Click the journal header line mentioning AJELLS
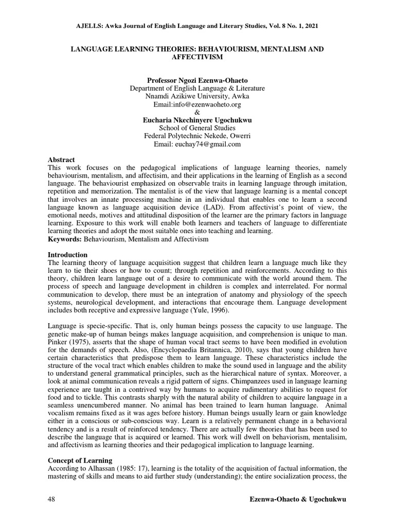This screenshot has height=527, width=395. pos(197,25)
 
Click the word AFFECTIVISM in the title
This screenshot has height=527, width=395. pos(197,57)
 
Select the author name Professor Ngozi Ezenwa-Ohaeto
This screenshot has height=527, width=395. pos(197,80)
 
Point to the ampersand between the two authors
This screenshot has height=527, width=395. pos(197,112)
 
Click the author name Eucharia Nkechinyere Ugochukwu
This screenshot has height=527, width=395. pos(197,120)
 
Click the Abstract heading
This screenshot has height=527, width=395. pos(61,160)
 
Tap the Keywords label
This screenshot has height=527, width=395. pos(66,240)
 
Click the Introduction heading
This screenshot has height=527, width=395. pos(67,255)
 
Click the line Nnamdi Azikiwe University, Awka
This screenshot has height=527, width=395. pos(197,96)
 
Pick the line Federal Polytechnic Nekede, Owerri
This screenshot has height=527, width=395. pos(197,136)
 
